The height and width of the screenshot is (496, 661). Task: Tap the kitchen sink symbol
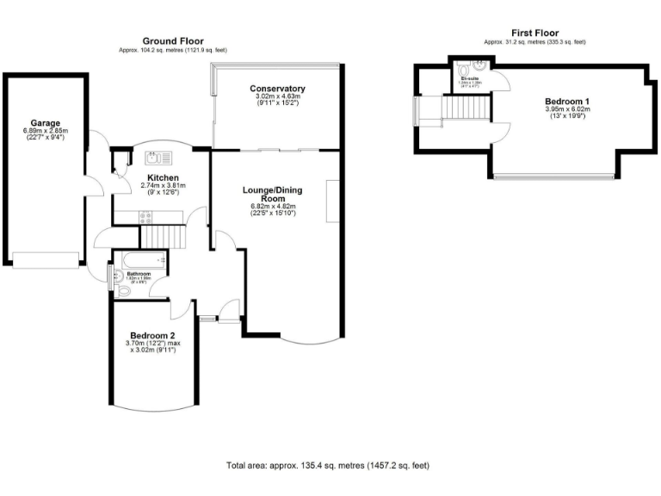(159, 157)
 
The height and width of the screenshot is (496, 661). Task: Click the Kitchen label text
(161, 177)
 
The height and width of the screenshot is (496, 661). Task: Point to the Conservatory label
(276, 89)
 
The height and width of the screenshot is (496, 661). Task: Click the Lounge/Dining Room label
(272, 193)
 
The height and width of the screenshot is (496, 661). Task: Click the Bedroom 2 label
(152, 336)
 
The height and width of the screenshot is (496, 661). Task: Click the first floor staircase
(466, 108)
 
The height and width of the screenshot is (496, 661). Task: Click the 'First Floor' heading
(534, 33)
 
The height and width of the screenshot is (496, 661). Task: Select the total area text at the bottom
(327, 465)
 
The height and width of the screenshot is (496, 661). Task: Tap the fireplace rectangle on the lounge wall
(331, 202)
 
